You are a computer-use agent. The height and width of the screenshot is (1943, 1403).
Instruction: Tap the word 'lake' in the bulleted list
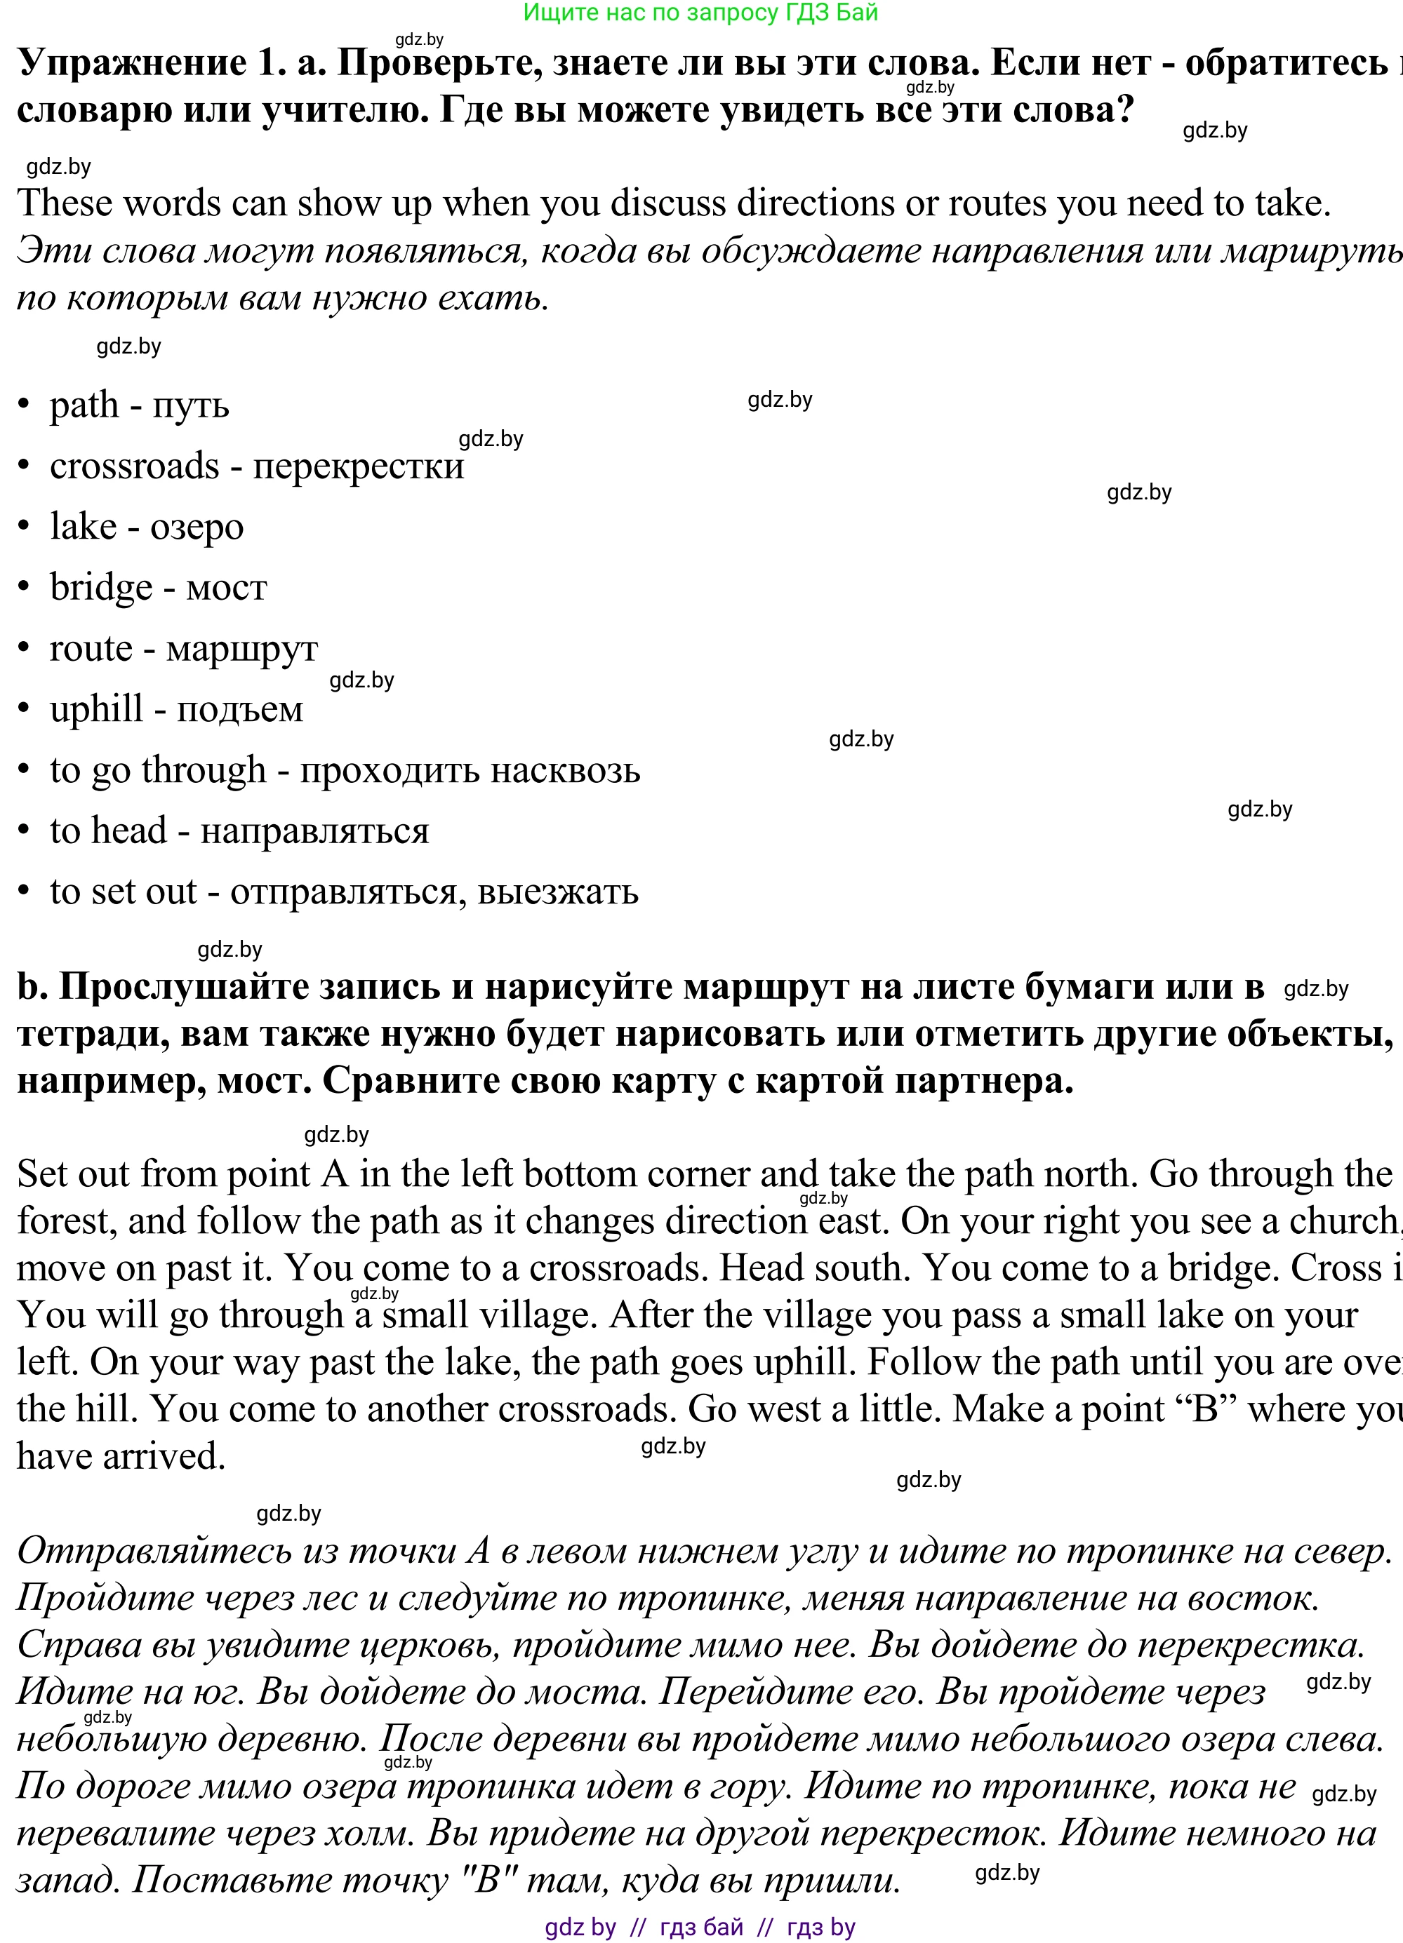83,527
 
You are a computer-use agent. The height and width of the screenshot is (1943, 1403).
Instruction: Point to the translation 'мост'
226,588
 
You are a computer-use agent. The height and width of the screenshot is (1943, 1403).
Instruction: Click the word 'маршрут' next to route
241,649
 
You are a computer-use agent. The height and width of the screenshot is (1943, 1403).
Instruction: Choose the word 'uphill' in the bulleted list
96,709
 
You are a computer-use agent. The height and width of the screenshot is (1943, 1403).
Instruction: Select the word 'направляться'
314,831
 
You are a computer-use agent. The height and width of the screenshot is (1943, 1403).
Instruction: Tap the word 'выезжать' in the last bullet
558,892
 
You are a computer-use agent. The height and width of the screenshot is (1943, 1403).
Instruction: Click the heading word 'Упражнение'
132,63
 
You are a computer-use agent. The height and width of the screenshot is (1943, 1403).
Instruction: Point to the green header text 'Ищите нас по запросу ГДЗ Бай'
700,13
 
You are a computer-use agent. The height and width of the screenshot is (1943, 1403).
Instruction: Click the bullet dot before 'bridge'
25,589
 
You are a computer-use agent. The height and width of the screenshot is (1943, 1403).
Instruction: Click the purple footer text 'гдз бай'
701,1928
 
